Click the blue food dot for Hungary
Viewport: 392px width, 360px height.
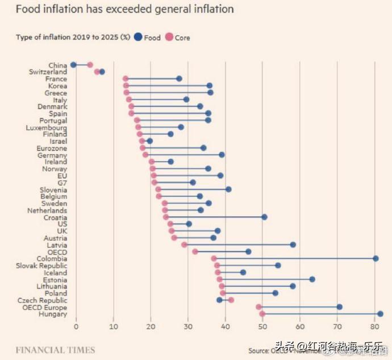click(380, 314)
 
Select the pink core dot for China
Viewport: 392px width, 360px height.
click(90, 65)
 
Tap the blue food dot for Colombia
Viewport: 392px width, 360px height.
click(376, 259)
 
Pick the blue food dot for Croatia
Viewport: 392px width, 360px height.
click(264, 217)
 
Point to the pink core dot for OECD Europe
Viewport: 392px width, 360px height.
click(258, 307)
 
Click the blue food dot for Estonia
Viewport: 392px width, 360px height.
click(312, 279)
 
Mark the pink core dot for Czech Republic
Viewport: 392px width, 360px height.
click(231, 300)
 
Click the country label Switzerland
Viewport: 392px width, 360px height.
click(48, 72)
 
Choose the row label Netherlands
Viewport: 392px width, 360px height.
click(47, 210)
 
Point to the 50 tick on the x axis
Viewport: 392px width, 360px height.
click(262, 327)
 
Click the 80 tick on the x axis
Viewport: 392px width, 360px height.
click(374, 327)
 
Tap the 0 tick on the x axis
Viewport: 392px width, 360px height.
click(76, 327)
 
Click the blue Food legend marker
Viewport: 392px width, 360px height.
click(137, 38)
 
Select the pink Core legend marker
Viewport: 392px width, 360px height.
click(169, 38)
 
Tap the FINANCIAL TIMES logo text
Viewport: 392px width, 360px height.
click(55, 350)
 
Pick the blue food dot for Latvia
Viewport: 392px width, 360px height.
click(293, 245)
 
